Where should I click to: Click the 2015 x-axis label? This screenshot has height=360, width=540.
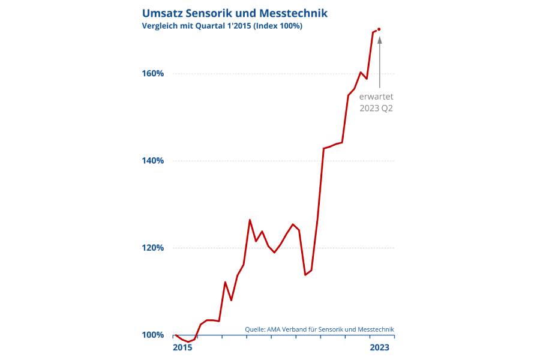click(182, 347)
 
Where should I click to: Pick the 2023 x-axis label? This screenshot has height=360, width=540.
click(379, 347)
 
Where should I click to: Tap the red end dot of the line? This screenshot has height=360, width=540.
click(379, 29)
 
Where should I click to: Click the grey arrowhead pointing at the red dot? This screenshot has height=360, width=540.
click(379, 40)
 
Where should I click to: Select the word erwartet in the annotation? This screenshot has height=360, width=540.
click(376, 96)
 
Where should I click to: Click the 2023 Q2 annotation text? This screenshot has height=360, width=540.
click(376, 109)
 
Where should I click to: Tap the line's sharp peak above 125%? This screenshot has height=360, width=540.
click(250, 220)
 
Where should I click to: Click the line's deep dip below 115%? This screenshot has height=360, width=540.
click(305, 274)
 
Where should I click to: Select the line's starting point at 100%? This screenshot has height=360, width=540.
click(175, 335)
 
